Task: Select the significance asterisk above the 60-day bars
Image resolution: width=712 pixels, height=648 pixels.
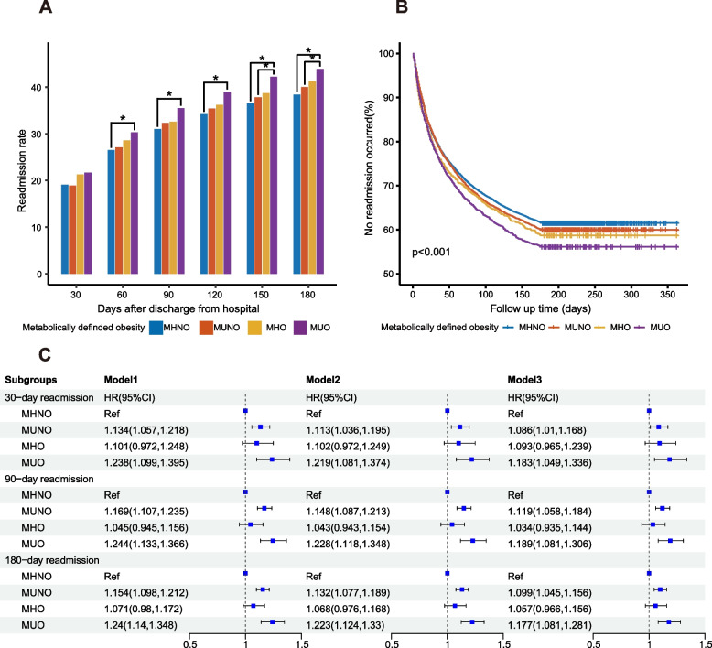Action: coord(122,119)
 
